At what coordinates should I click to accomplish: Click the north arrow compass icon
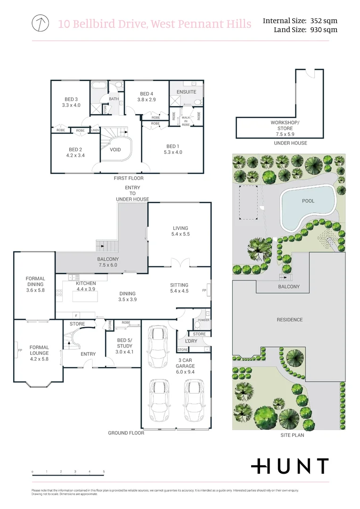pyautogui.click(x=41, y=23)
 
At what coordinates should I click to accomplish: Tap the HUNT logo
pyautogui.click(x=289, y=466)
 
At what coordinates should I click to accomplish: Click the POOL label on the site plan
pyautogui.click(x=308, y=201)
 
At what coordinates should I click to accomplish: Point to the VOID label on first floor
pyautogui.click(x=115, y=150)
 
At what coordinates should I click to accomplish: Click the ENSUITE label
pyautogui.click(x=186, y=92)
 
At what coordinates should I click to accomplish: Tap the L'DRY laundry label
pyautogui.click(x=191, y=341)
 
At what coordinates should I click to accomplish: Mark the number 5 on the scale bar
pyautogui.click(x=104, y=472)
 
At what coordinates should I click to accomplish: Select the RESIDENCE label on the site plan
pyautogui.click(x=289, y=320)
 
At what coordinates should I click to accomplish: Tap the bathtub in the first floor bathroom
pyautogui.click(x=99, y=86)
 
